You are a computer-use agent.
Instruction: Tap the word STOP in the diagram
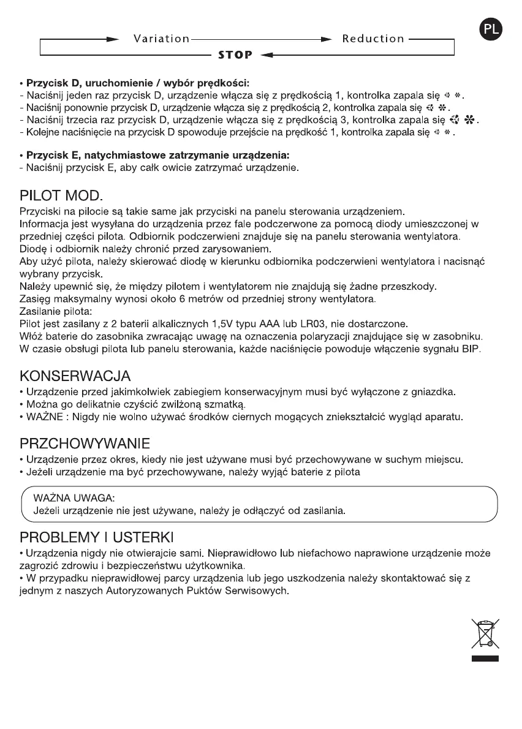[x=235, y=55]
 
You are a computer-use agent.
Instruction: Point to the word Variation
[x=162, y=39]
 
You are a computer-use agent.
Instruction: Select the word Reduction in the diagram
[x=373, y=39]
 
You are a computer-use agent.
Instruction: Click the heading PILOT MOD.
[x=61, y=198]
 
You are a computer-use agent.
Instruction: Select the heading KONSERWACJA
[x=75, y=375]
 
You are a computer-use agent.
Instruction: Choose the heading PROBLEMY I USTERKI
[x=98, y=538]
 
